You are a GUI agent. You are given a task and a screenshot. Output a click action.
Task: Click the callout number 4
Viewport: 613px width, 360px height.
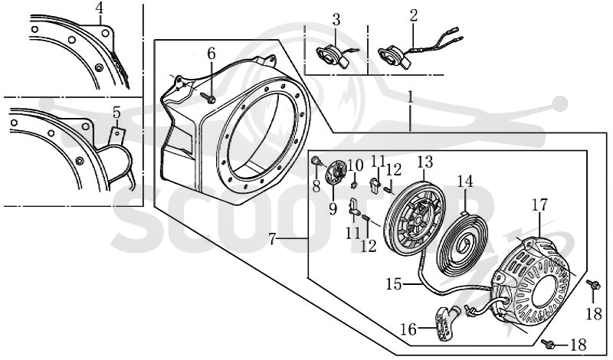coord(100,8)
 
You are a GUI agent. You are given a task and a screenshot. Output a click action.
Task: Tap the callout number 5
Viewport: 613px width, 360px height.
coord(117,113)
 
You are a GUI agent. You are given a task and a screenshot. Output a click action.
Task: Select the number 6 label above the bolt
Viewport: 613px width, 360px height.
coord(211,54)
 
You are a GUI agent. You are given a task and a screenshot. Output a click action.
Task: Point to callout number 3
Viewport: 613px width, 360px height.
coord(336,19)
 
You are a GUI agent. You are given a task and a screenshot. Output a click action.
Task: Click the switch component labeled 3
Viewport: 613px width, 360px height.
coord(333,57)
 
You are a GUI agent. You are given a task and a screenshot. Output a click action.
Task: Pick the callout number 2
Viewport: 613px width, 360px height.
coord(414,15)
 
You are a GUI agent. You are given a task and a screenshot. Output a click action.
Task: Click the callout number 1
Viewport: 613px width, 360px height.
coord(410,98)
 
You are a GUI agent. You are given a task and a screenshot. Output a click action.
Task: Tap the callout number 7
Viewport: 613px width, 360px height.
coord(273,239)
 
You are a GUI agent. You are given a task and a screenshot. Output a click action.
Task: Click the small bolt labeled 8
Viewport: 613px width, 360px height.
coord(316,161)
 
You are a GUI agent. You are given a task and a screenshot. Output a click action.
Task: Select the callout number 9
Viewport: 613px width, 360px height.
coord(333,209)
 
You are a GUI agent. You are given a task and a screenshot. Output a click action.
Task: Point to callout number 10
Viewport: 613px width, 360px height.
coord(356,165)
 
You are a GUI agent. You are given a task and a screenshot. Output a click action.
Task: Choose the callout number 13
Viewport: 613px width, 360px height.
coord(425,162)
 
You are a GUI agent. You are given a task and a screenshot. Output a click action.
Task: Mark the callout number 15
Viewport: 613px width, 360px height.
coord(394,284)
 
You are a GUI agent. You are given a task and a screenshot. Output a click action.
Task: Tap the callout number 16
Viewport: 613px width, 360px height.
coord(408,329)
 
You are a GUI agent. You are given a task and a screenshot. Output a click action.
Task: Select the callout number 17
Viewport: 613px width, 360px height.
coord(540,205)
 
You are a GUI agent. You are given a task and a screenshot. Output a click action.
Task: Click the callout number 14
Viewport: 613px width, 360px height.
coord(465,181)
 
